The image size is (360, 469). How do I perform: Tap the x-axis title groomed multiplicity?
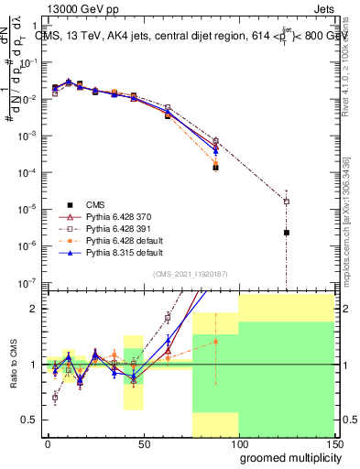tap(287, 456)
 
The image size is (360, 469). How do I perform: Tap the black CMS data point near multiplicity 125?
tap(287, 233)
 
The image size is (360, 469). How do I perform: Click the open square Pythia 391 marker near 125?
tap(287, 202)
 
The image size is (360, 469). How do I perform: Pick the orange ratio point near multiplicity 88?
tap(215, 342)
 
